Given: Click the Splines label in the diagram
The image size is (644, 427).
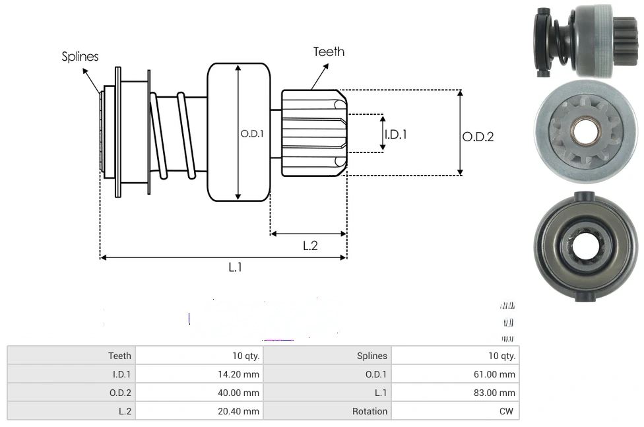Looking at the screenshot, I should point(80,57).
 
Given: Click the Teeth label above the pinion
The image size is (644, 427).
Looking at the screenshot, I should point(329,51).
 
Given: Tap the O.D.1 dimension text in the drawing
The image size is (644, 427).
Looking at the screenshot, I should point(252,133).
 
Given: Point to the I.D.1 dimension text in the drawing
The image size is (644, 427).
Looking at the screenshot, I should point(395,134).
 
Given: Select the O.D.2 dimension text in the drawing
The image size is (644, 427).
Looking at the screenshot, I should point(478,137).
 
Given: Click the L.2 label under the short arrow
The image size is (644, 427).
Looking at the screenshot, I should point(310,246).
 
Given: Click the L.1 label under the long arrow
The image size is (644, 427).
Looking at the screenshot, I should point(236,267).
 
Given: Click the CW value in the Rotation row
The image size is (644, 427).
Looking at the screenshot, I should point(507,411).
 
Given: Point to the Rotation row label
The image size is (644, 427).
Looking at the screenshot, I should point(370,411).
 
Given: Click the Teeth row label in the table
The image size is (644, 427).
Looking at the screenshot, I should point(119,356).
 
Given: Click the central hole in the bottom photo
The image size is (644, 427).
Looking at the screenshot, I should point(583,247).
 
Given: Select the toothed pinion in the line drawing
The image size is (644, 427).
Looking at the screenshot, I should point(313,133).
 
